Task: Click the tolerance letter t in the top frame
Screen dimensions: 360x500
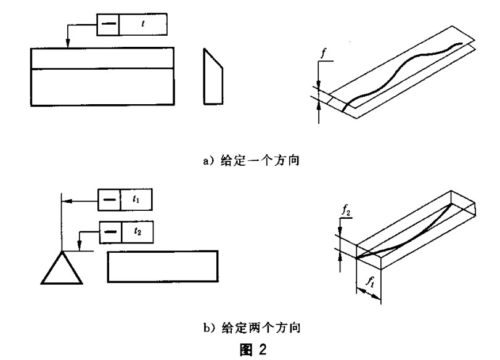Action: (x=143, y=23)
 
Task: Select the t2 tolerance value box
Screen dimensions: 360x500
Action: (x=136, y=232)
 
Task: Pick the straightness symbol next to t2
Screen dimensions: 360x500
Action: (x=109, y=232)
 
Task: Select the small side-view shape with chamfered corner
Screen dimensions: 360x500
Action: (x=211, y=77)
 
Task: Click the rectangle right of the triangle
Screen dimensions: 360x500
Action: (x=163, y=266)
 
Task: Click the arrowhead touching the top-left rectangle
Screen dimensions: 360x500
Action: (x=67, y=43)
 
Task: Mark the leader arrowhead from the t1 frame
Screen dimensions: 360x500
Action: (x=66, y=200)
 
